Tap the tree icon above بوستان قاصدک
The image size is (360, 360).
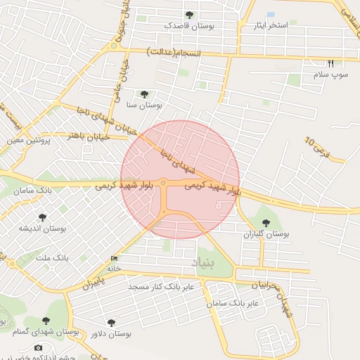point(188,15)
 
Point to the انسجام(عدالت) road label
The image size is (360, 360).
point(174,53)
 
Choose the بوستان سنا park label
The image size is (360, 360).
point(145,104)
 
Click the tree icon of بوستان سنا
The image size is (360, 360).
point(144,94)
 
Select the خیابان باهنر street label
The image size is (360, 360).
point(89,136)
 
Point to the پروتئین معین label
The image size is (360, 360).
point(30,140)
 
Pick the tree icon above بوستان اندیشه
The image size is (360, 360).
point(42,218)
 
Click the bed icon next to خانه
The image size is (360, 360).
point(115,258)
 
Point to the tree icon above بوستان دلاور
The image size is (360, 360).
point(112,322)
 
